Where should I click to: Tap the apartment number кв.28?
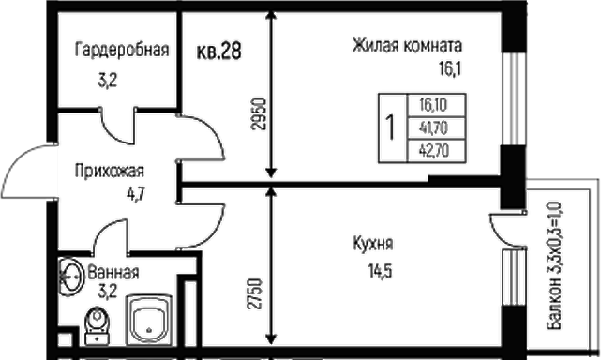pos(219,52)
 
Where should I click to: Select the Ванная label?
pos(113,274)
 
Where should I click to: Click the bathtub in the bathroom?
pos(150,319)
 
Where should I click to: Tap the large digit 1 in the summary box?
pos(389,126)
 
